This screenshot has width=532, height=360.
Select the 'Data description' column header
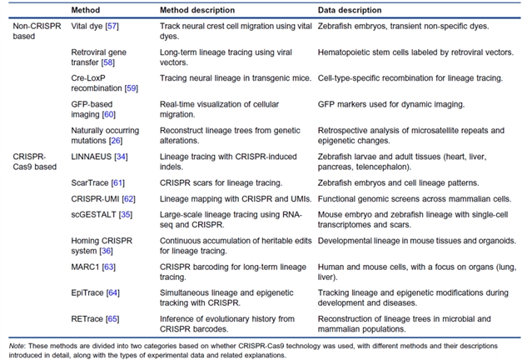[351, 10]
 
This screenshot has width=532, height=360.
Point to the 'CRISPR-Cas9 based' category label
[30, 160]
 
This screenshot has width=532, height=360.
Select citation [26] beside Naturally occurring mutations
[118, 139]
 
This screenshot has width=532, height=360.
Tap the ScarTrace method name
[89, 182]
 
